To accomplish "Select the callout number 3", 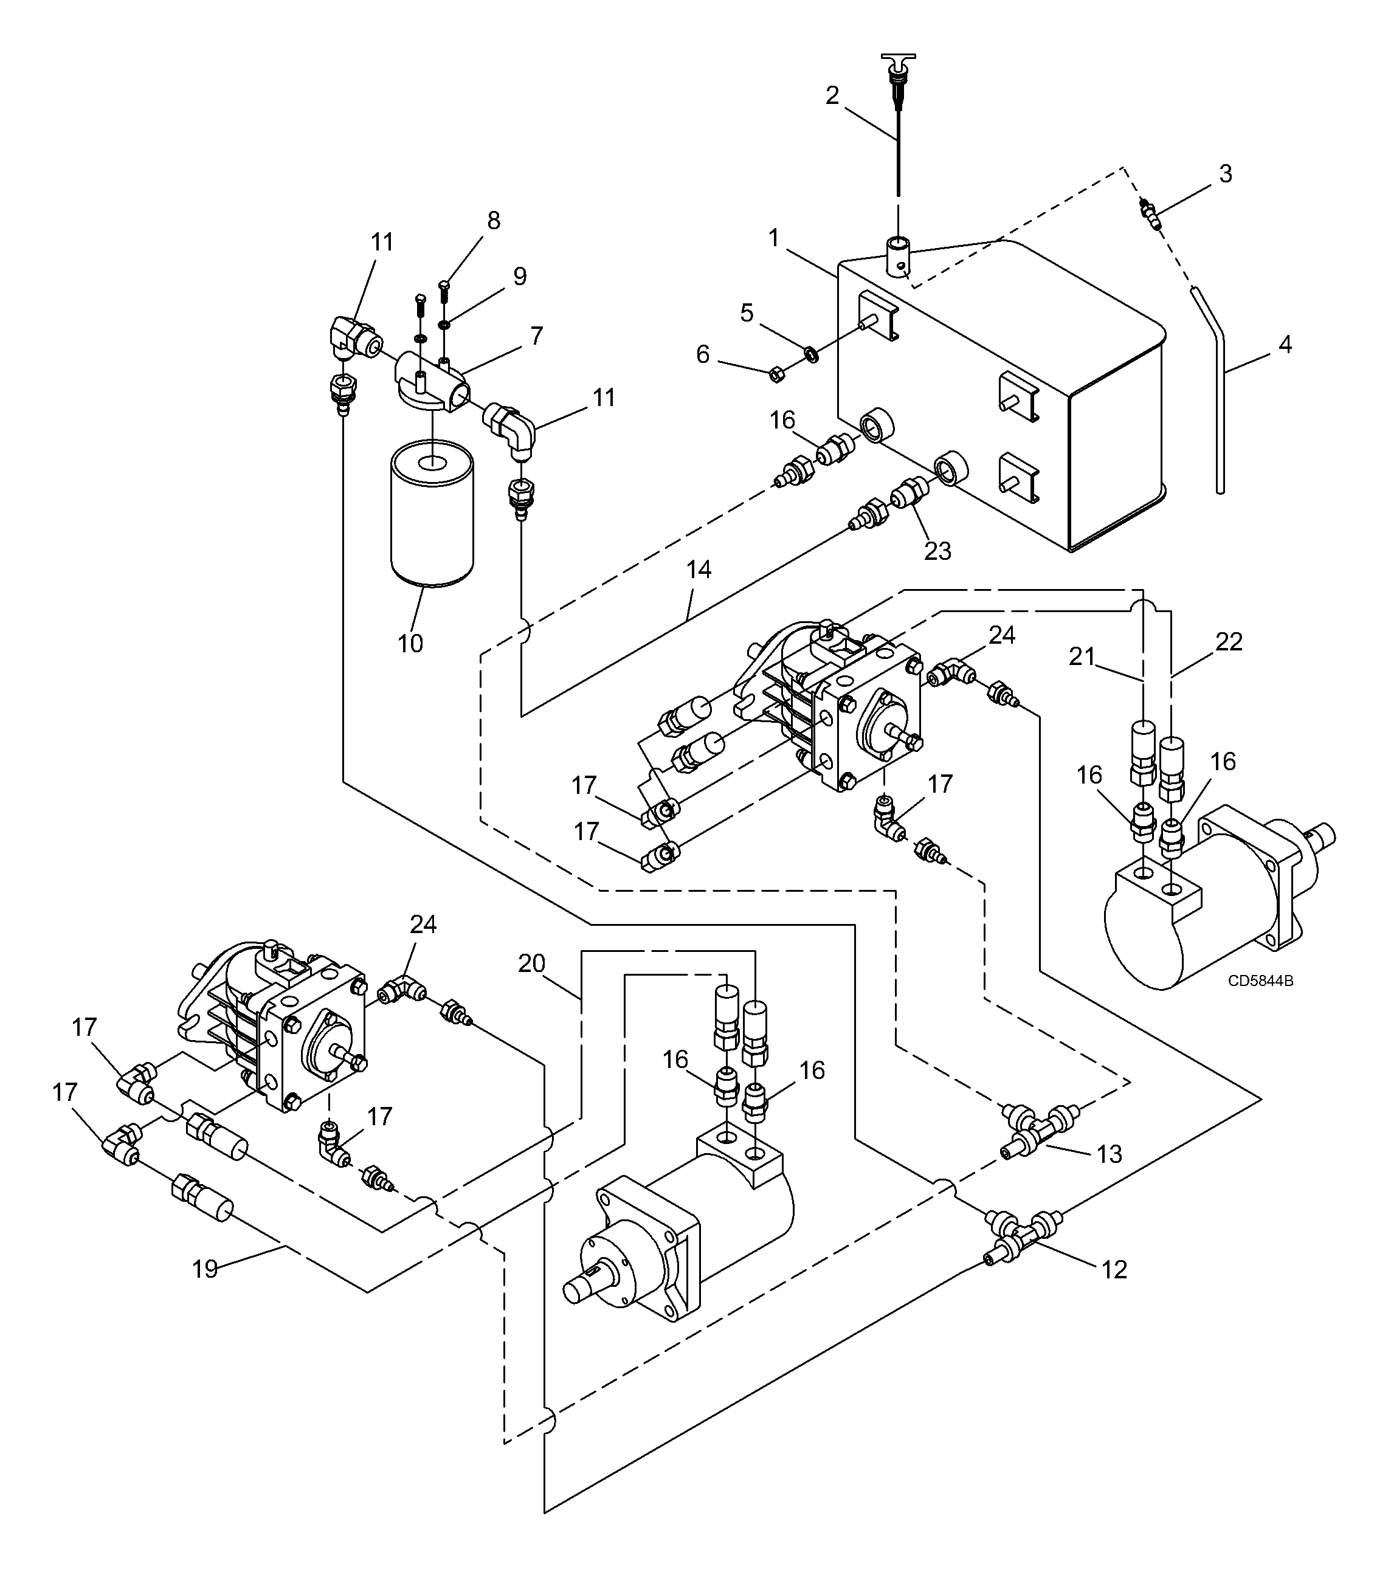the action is pos(1225,173).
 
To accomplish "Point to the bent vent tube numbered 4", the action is pos(1207,385).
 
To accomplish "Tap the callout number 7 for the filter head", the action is pos(536,336).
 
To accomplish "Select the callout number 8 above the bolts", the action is pos(493,221).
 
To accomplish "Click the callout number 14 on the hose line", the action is pos(699,570).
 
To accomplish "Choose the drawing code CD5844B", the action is pos(1261,981).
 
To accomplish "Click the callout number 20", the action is pos(532,963).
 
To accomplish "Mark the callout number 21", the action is pos(1082,657).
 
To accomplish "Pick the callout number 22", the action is pos(1229,642).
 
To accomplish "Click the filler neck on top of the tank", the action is pos(898,257).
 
